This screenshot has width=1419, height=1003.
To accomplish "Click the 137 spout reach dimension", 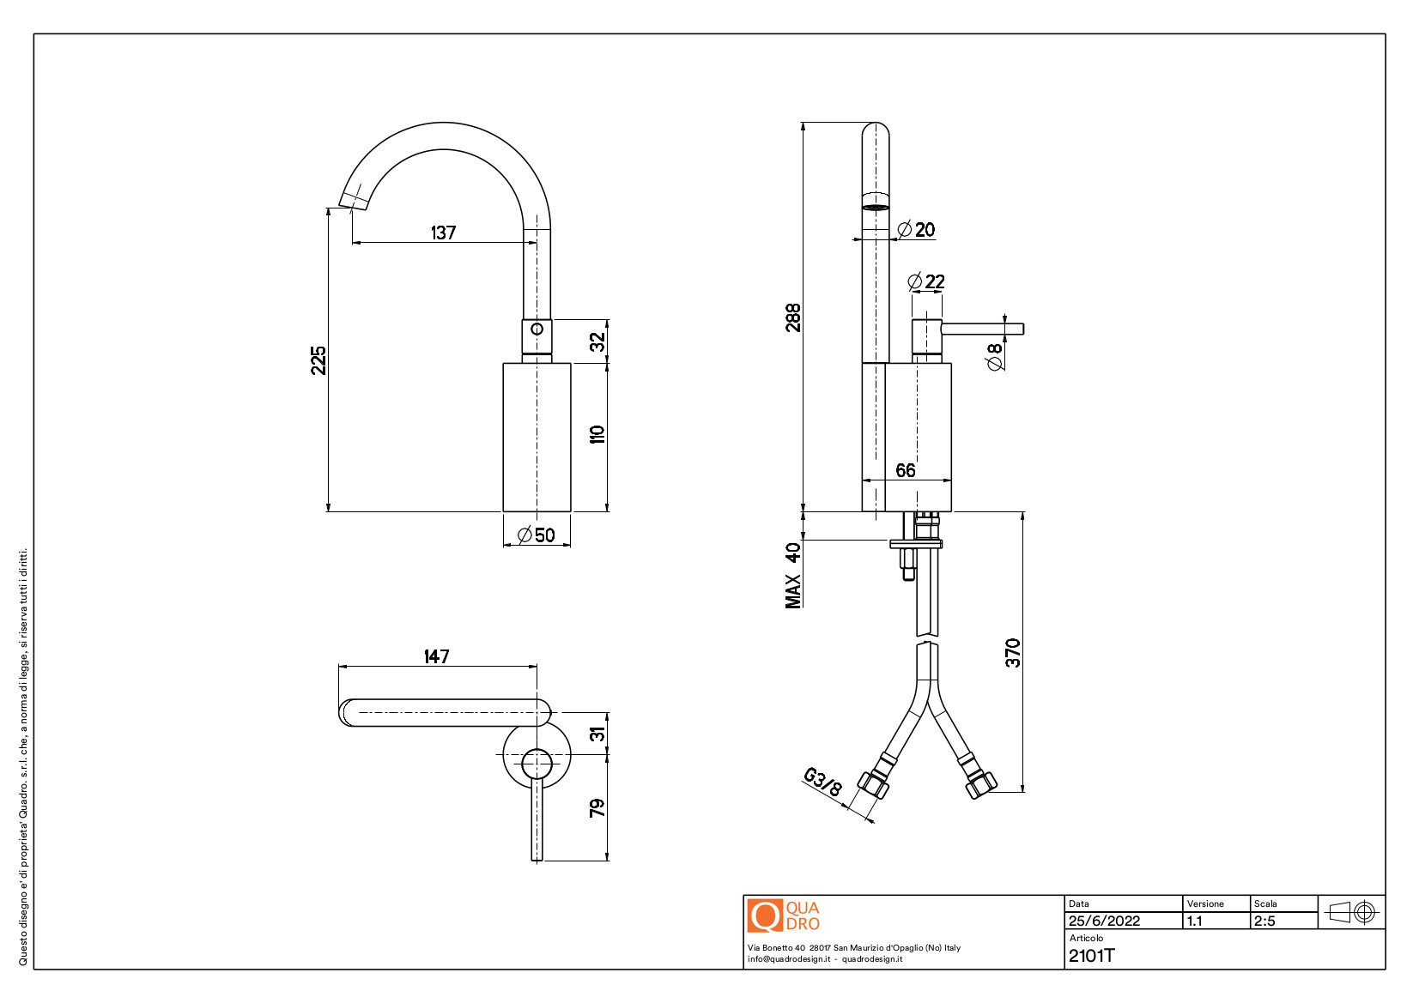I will pyautogui.click(x=443, y=233).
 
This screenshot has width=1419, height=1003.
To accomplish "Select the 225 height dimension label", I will pyautogui.click(x=318, y=360).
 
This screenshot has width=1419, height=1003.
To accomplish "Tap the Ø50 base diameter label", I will pyautogui.click(x=537, y=535).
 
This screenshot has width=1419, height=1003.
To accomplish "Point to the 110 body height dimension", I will pyautogui.click(x=597, y=433).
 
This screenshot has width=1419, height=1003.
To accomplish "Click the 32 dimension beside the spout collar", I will pyautogui.click(x=597, y=341).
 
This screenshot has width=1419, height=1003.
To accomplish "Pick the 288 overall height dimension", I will pyautogui.click(x=793, y=317).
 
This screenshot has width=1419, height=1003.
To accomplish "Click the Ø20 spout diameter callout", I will pyautogui.click(x=916, y=230).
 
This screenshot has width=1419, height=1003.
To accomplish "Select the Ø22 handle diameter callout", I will pyautogui.click(x=926, y=281).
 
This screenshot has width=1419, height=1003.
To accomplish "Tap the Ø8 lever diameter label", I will pyautogui.click(x=995, y=356).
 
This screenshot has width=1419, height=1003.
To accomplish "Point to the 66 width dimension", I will pyautogui.click(x=906, y=470).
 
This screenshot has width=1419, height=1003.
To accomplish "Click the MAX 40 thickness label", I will pyautogui.click(x=793, y=575).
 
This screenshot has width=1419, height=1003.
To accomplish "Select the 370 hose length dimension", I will pyautogui.click(x=1013, y=653).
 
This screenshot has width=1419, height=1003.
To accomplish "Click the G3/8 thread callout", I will pyautogui.click(x=822, y=782).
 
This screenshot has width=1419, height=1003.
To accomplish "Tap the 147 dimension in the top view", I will pyautogui.click(x=436, y=656).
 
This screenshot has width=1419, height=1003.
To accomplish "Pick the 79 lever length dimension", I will pyautogui.click(x=597, y=807).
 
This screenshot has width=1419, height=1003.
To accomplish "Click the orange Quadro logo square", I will pyautogui.click(x=764, y=915).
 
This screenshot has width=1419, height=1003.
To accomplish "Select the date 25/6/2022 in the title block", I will pyautogui.click(x=1104, y=921).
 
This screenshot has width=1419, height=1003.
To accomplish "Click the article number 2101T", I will pyautogui.click(x=1091, y=956).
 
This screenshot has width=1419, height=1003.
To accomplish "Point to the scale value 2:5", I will pyautogui.click(x=1264, y=921).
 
